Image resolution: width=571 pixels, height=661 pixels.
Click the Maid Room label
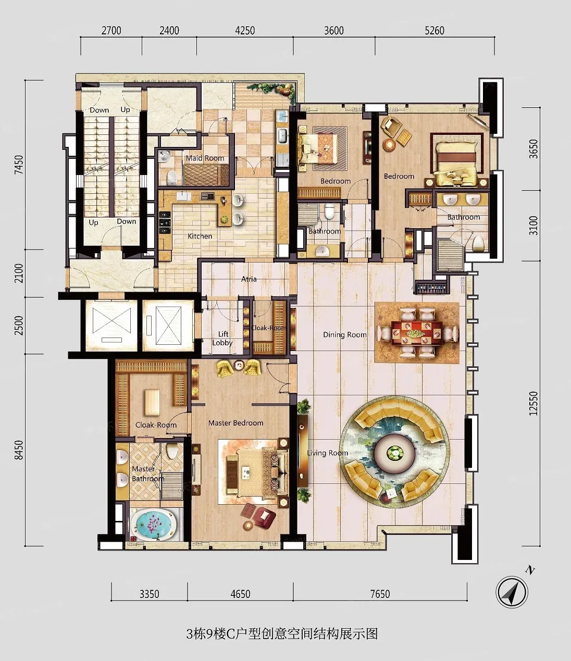click(205, 158)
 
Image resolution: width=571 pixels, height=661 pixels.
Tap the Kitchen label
click(200, 236)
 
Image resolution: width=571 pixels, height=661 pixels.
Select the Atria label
click(249, 279)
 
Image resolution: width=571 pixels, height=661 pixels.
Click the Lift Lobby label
click(222, 339)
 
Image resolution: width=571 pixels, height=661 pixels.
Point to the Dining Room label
click(344, 334)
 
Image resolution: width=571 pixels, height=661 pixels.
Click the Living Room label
click(327, 453)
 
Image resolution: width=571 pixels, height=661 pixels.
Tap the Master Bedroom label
click(236, 423)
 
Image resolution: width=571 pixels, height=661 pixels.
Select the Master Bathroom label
click(148, 473)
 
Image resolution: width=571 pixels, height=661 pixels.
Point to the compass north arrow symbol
click(512, 592)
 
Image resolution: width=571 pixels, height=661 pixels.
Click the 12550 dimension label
click(533, 404)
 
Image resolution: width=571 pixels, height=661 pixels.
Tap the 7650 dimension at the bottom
click(380, 594)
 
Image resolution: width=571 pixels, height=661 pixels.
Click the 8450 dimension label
click(19, 450)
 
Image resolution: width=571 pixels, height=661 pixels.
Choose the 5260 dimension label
click(435, 30)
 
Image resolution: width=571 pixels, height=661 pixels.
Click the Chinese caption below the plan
click(282, 633)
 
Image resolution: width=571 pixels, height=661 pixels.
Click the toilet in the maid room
click(172, 177)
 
